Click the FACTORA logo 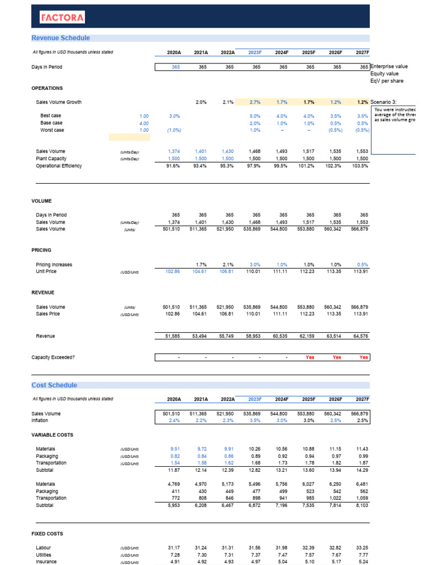point(62,18)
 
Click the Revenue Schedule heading point(60,38)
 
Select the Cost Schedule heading point(54,385)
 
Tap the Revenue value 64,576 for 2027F point(360,335)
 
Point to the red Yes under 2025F point(310,357)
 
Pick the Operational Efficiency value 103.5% point(360,166)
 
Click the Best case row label point(51,116)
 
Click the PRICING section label point(41,250)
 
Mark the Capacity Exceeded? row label point(53,357)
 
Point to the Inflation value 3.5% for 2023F point(255,420)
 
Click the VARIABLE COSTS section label point(52,435)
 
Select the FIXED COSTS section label point(47,534)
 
